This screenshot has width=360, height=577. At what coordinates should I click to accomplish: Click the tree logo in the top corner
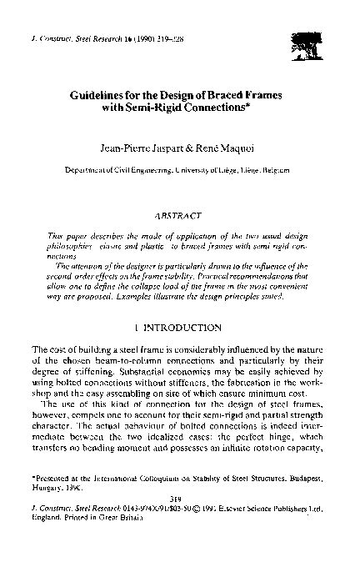301,36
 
